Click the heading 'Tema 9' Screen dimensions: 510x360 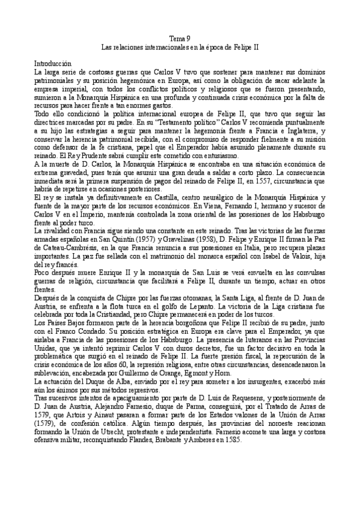180,37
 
